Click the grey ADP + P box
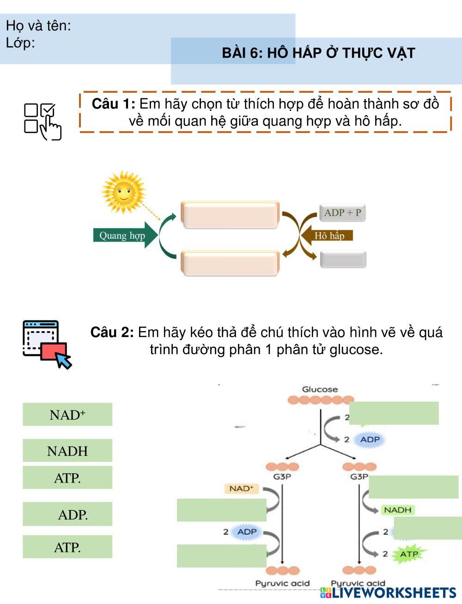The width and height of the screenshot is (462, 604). [x=342, y=213]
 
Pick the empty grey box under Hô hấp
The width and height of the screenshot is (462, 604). [x=343, y=259]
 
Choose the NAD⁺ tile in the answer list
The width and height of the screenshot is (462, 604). [x=67, y=414]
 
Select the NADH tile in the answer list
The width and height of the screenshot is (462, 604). [x=67, y=451]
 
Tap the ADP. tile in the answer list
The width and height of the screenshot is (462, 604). [x=67, y=514]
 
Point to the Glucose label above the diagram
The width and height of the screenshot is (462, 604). [x=320, y=389]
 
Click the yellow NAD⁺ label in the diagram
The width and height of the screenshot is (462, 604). [x=241, y=488]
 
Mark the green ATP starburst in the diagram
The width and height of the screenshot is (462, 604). [x=408, y=554]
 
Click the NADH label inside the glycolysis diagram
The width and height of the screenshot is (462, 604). [x=397, y=510]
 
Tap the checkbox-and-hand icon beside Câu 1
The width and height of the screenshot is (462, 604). [x=43, y=121]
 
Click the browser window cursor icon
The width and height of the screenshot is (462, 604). [x=46, y=344]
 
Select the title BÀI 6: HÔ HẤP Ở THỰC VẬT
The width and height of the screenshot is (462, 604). [x=318, y=53]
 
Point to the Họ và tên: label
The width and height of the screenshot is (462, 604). [x=38, y=26]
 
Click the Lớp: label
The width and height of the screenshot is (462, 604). [x=20, y=43]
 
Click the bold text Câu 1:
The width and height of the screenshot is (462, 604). [x=113, y=103]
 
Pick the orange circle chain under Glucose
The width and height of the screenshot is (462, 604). [x=321, y=400]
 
